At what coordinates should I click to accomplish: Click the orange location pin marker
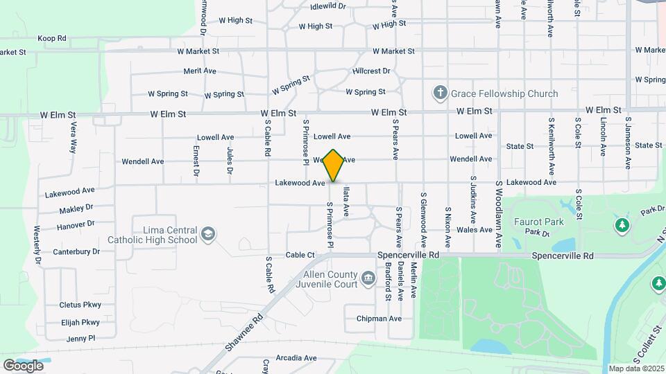[x=334, y=165]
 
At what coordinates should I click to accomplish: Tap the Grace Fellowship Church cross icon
[x=439, y=93]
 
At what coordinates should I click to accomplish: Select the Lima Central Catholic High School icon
[x=207, y=235]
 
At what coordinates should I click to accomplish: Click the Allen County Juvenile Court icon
[x=368, y=278]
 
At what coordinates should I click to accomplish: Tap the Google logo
[x=24, y=366]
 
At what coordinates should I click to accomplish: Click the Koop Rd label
[x=52, y=38]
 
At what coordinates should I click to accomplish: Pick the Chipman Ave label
[x=379, y=319]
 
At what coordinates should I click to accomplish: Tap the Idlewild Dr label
[x=328, y=6]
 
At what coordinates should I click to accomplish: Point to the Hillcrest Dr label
[x=371, y=71]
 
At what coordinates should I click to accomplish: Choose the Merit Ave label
[x=201, y=71]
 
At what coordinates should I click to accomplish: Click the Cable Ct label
[x=300, y=255]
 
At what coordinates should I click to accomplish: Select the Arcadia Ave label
[x=296, y=358]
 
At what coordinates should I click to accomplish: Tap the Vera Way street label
[x=73, y=137]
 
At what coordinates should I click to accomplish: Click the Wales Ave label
[x=475, y=230]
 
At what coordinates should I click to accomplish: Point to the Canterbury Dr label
[x=71, y=251]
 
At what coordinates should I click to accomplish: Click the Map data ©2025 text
[x=636, y=368]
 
